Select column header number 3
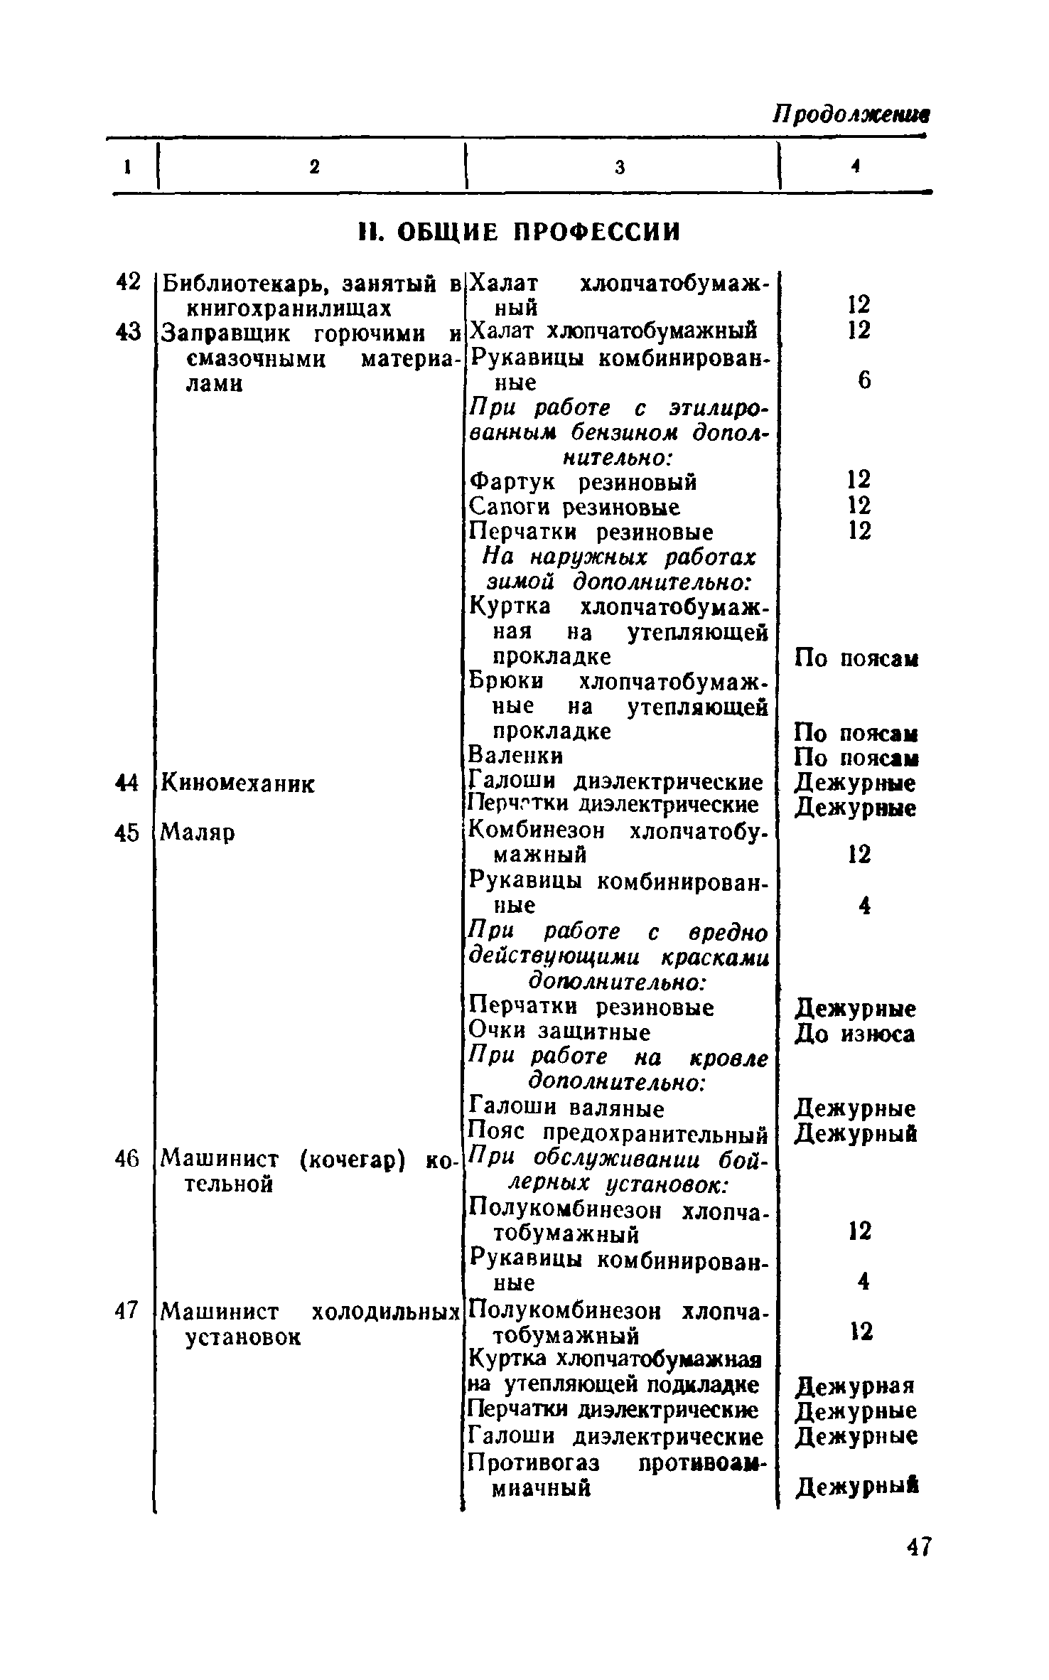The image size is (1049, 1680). click(620, 167)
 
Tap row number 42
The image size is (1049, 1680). click(129, 282)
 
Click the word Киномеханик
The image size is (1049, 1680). click(237, 784)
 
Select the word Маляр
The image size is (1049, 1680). click(198, 831)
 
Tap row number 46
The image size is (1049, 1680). click(129, 1159)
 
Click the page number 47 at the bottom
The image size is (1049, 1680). click(918, 1548)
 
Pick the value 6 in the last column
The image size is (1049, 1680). click(864, 382)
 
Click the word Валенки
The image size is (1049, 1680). click(517, 755)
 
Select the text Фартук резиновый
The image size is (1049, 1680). click(583, 483)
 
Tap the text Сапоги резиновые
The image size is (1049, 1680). click(575, 508)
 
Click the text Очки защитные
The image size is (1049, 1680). click(560, 1032)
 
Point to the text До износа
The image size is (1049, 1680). click(855, 1034)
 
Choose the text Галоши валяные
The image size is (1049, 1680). click(567, 1108)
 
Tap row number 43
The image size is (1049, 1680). click(129, 332)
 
